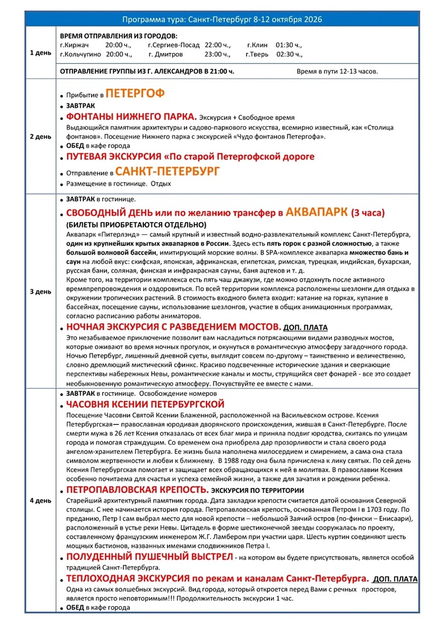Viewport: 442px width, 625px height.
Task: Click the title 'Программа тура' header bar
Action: (221, 20)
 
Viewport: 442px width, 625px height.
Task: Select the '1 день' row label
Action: (40, 52)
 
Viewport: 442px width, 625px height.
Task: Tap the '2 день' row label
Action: (40, 136)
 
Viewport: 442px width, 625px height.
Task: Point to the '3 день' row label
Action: (40, 292)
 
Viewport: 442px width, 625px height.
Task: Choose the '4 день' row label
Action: (40, 501)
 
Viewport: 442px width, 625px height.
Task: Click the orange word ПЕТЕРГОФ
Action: (134, 94)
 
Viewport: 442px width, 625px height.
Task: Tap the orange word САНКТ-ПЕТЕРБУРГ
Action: (168, 171)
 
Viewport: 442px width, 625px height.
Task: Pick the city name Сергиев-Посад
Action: (174, 45)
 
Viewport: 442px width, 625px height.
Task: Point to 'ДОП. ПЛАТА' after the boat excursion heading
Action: (395, 578)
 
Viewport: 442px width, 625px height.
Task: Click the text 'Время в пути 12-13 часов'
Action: (337, 71)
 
